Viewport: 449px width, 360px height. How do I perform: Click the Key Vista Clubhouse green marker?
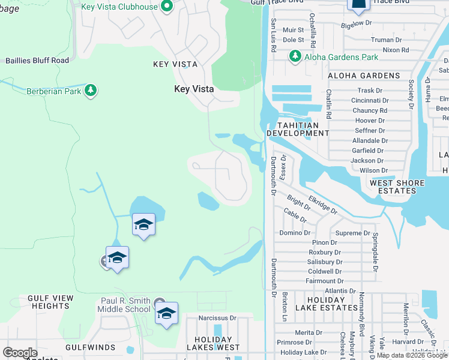point(167,7)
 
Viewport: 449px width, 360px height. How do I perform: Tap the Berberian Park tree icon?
point(91,91)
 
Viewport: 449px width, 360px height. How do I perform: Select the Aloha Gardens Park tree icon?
point(295,57)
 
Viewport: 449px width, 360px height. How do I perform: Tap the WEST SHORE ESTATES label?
point(402,187)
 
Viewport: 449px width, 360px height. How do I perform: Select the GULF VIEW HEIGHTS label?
point(50,302)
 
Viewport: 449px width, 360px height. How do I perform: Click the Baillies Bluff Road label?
point(37,60)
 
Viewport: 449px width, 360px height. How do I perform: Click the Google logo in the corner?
point(20,353)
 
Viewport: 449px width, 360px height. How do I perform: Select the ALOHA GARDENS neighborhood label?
point(364,76)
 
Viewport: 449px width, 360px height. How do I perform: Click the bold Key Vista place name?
point(194,89)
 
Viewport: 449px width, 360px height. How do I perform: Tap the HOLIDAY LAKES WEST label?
point(217,343)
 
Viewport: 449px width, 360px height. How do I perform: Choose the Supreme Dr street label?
point(352,233)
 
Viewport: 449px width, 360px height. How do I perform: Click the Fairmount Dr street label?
point(324,281)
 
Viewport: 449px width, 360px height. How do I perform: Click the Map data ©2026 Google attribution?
point(412,355)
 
